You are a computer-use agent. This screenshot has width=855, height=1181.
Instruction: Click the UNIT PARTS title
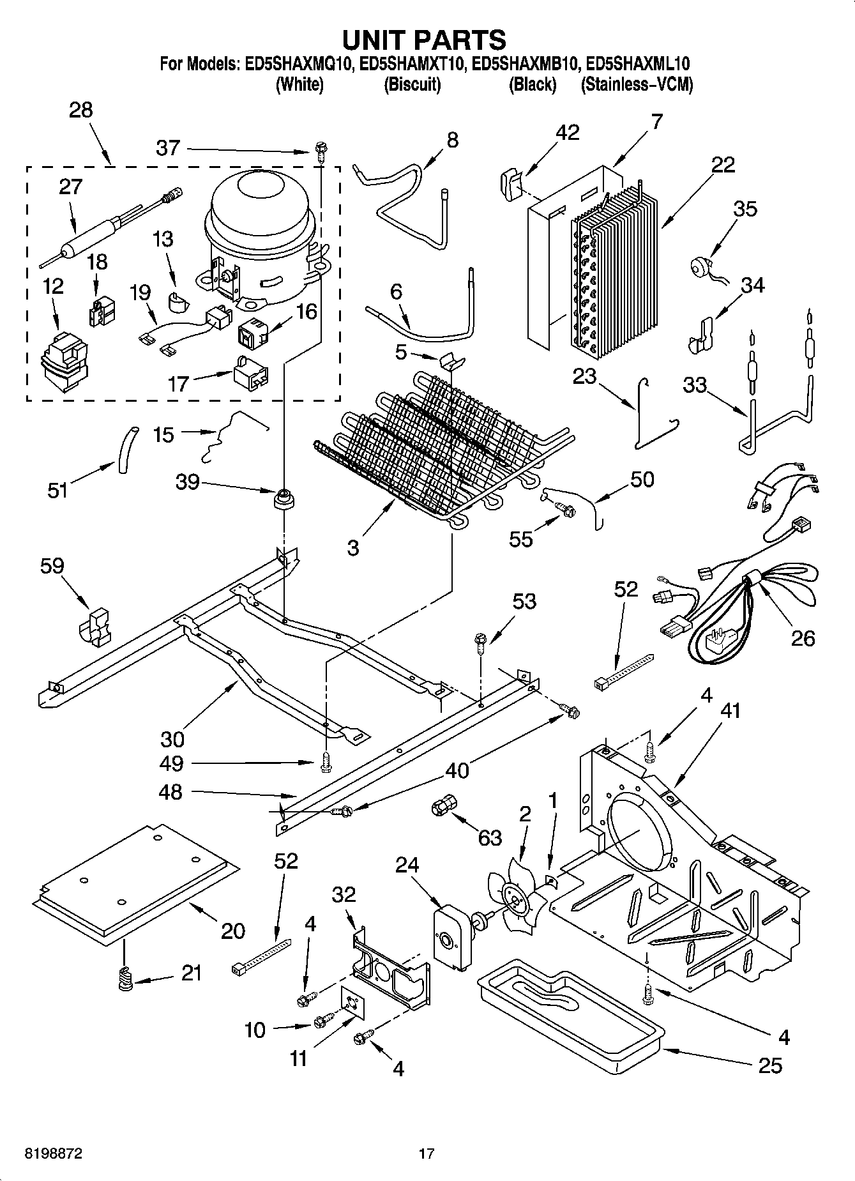click(x=424, y=40)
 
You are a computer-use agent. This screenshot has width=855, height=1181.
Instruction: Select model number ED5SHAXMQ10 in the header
click(x=298, y=64)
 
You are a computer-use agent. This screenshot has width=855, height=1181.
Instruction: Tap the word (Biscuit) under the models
click(x=412, y=84)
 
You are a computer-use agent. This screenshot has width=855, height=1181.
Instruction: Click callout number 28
click(x=81, y=110)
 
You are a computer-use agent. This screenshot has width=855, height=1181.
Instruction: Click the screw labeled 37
click(x=321, y=152)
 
